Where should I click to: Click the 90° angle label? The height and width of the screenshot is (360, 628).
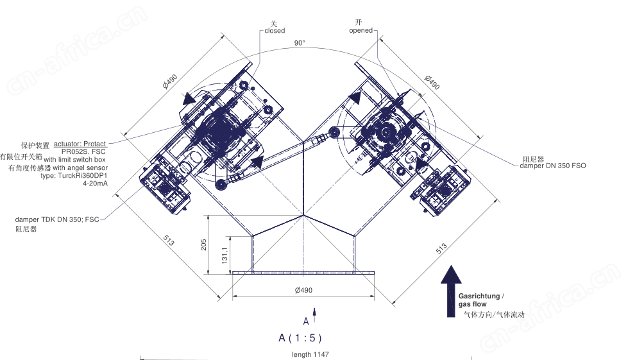point(300,43)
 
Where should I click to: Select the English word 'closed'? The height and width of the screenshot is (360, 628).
point(275,31)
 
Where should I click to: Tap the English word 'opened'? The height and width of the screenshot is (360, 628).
point(361,30)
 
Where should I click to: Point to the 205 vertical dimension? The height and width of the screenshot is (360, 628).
point(203,244)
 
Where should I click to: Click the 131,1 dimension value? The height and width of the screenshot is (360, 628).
point(225,255)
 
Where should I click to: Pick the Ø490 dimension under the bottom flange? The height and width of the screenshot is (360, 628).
point(303,290)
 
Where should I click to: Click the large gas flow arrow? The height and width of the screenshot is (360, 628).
point(452,291)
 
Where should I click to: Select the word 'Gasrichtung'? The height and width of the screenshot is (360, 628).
point(479,296)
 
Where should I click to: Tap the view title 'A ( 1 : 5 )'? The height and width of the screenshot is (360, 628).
point(300,338)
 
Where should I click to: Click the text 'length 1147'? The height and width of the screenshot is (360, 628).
point(310,354)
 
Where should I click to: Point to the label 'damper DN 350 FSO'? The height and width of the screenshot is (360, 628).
point(553,166)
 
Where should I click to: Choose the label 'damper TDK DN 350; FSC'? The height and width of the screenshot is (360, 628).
point(57,219)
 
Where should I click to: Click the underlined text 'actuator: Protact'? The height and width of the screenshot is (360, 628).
point(80,144)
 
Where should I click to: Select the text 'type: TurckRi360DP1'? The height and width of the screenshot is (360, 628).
point(74,175)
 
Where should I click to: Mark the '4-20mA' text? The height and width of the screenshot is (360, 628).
point(96,184)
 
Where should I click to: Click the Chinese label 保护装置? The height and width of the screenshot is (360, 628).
point(35,146)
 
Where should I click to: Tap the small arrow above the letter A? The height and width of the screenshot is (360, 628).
point(314,314)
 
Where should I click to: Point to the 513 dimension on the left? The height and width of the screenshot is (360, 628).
point(169,240)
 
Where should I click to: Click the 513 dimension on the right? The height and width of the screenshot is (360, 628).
point(441,248)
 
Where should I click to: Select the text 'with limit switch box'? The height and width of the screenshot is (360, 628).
point(75,159)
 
